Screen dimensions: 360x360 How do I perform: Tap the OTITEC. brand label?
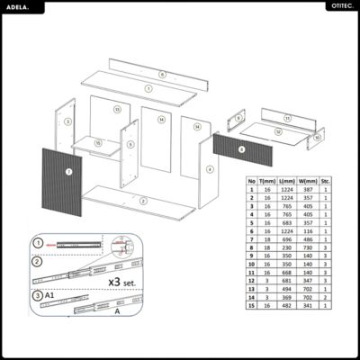point(338,7)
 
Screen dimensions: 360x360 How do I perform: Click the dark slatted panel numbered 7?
point(61,179)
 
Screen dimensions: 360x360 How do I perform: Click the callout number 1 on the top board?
point(148,89)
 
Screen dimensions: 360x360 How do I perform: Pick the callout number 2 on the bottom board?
point(140,200)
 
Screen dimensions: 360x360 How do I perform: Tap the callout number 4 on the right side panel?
point(210,168)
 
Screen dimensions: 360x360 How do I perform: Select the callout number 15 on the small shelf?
point(97,143)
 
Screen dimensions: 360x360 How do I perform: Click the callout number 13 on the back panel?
point(117,109)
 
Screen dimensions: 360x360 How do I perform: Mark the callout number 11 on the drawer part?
point(287,118)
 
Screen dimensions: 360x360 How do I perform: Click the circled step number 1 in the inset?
point(38,242)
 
